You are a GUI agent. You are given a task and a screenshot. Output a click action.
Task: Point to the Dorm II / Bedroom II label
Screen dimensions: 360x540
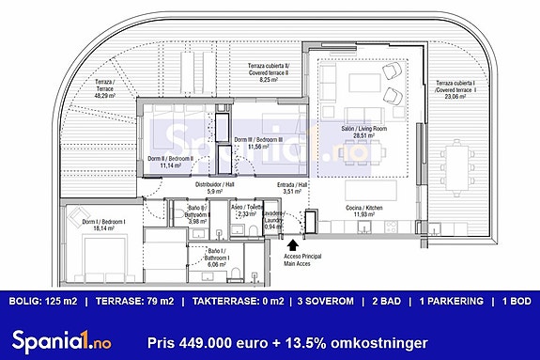coord(170,160)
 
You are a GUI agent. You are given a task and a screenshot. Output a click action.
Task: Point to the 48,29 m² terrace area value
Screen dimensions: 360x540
coord(105,95)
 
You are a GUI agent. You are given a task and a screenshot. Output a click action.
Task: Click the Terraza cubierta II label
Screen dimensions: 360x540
coord(268,70)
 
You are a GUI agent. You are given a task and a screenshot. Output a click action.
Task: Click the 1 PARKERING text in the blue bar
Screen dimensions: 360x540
coord(451,302)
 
